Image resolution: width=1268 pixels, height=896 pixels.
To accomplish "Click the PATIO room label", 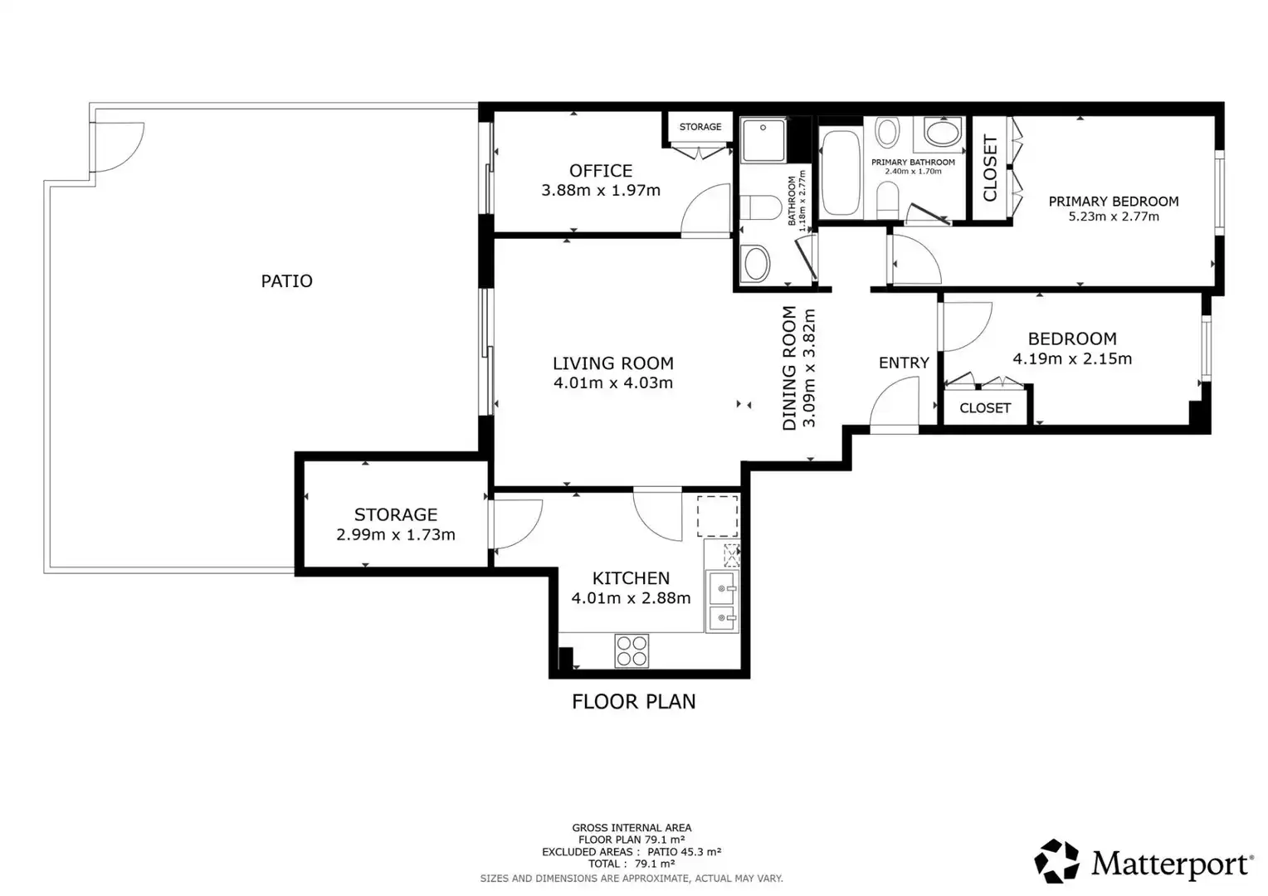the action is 286,281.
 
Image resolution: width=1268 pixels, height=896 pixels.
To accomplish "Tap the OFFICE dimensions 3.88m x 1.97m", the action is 601,190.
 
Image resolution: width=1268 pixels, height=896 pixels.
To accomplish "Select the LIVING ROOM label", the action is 613,363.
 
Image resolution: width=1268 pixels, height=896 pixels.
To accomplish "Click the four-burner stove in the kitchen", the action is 632,651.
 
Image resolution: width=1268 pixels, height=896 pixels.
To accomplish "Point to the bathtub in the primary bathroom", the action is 841,172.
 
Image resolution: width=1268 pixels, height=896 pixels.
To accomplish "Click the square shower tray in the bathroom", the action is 763,140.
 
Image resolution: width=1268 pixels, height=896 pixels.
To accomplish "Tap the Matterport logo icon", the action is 1056,861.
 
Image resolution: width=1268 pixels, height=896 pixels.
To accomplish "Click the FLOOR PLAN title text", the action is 633,702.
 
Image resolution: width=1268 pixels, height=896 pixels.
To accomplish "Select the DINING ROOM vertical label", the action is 790,368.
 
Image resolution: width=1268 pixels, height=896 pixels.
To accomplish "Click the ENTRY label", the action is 904,363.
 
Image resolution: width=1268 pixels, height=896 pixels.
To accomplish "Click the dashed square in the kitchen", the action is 718,516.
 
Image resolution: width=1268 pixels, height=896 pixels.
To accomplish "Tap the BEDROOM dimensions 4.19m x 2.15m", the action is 1072,359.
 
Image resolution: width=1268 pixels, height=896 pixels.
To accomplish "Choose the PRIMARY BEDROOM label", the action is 1114,202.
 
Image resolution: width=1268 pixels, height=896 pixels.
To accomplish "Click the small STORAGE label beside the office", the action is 700,127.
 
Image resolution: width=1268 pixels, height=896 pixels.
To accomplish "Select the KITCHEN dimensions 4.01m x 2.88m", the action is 631,598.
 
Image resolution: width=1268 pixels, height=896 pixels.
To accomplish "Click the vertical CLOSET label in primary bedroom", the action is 990,168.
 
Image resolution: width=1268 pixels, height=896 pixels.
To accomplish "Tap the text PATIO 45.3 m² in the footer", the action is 685,852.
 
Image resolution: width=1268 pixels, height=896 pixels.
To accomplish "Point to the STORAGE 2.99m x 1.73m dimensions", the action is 396,535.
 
